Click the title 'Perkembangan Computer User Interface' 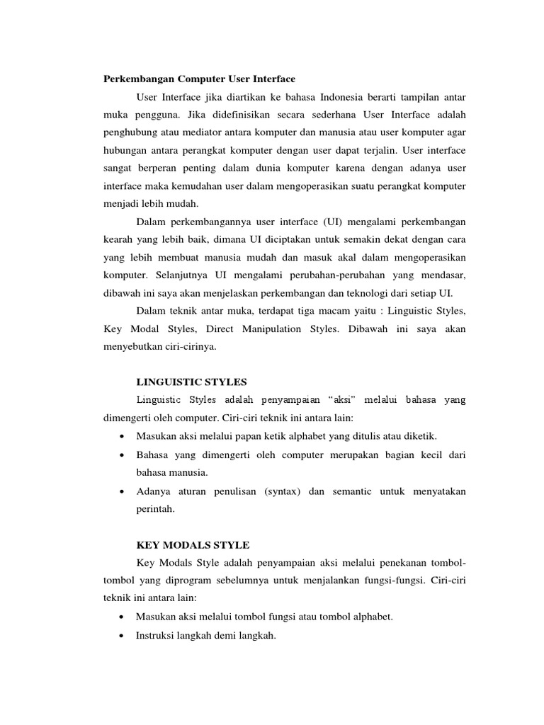click(x=200, y=78)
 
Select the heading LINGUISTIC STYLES click(x=191, y=382)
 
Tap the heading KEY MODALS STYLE click(x=193, y=544)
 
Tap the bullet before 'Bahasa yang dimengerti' click(x=124, y=455)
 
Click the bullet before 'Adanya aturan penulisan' click(x=124, y=491)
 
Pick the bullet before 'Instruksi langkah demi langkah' click(x=124, y=636)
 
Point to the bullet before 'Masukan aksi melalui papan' click(x=124, y=435)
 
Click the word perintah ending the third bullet click(x=154, y=508)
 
